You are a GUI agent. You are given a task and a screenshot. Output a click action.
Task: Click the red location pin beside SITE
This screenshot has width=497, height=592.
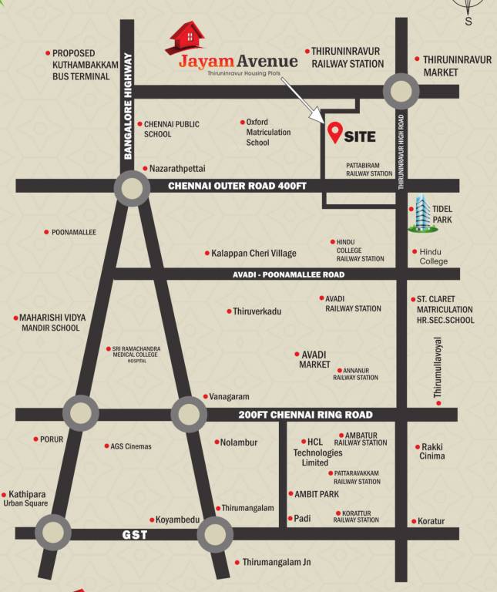click(334, 134)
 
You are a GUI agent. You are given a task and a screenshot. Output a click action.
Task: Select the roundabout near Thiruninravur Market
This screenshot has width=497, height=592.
click(401, 92)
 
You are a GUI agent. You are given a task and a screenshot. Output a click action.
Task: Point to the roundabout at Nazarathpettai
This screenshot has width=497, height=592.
click(132, 187)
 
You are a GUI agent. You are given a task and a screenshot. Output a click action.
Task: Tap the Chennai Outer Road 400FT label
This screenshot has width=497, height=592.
click(237, 186)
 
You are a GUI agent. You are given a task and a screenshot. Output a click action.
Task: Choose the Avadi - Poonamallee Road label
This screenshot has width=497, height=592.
click(288, 274)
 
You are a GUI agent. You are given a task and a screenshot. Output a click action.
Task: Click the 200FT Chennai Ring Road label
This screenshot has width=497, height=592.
click(305, 415)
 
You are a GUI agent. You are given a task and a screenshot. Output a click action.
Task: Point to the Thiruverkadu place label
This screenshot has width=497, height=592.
click(257, 311)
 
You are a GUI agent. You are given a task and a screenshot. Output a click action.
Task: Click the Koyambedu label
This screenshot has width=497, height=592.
click(178, 520)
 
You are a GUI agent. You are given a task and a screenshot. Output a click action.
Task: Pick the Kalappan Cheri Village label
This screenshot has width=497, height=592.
click(254, 253)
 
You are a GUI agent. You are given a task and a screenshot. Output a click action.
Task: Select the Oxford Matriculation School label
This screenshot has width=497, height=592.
click(268, 132)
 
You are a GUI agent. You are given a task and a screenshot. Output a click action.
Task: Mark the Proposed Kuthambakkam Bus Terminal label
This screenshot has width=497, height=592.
click(85, 66)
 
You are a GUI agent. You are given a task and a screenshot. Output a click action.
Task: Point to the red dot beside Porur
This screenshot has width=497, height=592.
click(35, 439)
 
